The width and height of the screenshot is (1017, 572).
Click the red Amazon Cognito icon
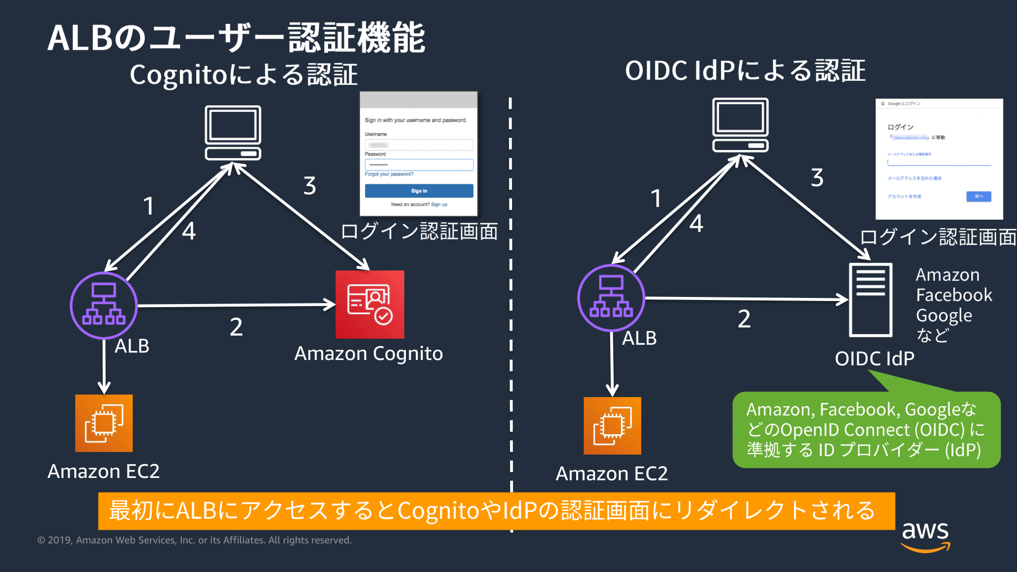click(x=370, y=304)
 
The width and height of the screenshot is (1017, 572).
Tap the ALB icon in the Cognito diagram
click(x=104, y=305)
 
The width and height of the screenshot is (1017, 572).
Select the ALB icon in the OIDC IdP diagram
click(x=611, y=297)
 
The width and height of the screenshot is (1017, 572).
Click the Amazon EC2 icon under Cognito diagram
click(x=104, y=423)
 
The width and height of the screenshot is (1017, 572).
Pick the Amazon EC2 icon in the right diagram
click(x=612, y=426)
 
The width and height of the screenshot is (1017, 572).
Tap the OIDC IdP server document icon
click(x=871, y=299)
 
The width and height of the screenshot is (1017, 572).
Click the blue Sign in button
click(x=419, y=191)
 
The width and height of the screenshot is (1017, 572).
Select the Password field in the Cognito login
click(x=419, y=165)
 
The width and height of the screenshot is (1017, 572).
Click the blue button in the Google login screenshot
click(x=978, y=196)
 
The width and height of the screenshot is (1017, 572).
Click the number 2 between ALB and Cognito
click(x=236, y=327)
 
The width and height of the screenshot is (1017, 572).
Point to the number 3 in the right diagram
click(x=817, y=178)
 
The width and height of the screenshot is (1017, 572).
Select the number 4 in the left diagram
click(x=189, y=231)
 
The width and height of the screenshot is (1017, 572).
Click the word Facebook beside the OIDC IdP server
click(x=954, y=295)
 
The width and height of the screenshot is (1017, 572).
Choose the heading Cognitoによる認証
click(x=244, y=75)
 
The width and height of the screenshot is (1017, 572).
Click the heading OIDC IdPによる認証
click(x=745, y=71)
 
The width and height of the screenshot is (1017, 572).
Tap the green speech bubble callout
click(x=866, y=430)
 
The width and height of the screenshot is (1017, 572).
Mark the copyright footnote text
click(x=194, y=540)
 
